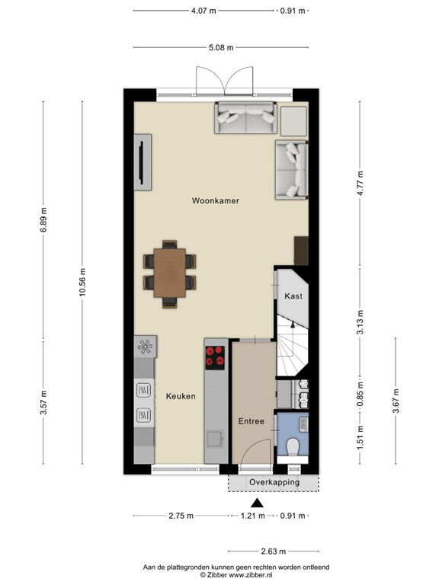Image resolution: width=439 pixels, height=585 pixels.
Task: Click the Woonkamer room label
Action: pyautogui.click(x=216, y=201)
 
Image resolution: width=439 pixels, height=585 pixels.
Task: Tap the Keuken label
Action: pyautogui.click(x=181, y=396)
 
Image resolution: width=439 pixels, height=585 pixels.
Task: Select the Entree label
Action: pyautogui.click(x=251, y=421)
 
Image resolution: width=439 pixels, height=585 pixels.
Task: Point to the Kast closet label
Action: pyautogui.click(x=293, y=296)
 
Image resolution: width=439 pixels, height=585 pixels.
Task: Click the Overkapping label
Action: pyautogui.click(x=274, y=482)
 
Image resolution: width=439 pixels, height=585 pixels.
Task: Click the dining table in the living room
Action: pyautogui.click(x=169, y=273)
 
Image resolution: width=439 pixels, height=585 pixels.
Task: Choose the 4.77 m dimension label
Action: pyautogui.click(x=360, y=184)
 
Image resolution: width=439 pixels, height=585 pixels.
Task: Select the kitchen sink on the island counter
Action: pyautogui.click(x=214, y=438)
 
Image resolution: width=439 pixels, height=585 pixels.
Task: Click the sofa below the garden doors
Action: pyautogui.click(x=245, y=118)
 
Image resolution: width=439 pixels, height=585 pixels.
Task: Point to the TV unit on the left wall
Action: pyautogui.click(x=143, y=161)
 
